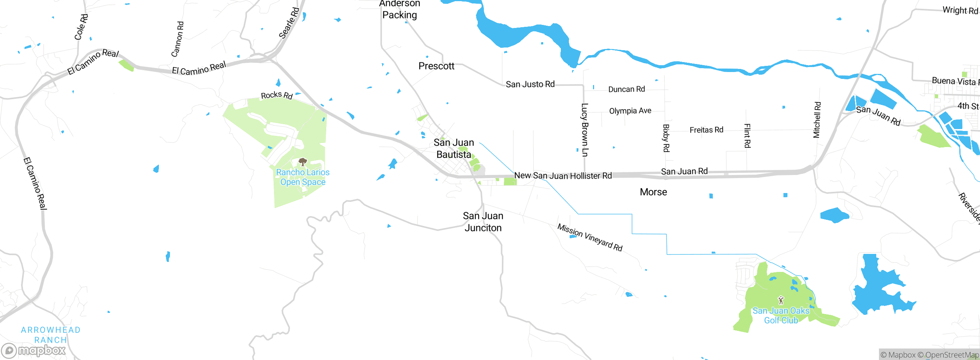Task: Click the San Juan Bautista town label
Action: (x=454, y=149)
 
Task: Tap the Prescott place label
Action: (x=436, y=66)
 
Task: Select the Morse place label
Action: (x=653, y=192)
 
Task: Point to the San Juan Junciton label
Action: (x=483, y=222)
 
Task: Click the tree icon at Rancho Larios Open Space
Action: (x=302, y=162)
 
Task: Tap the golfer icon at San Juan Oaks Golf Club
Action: (x=781, y=300)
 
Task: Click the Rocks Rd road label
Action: (x=276, y=95)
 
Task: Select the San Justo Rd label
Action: (x=530, y=84)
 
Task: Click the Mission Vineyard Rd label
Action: (x=590, y=237)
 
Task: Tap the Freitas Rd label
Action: (x=706, y=130)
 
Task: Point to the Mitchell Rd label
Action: (x=817, y=120)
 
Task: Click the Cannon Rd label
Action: (x=177, y=39)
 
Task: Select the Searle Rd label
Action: (x=289, y=23)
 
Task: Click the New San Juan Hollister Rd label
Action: (x=563, y=176)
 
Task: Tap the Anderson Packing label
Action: (x=400, y=10)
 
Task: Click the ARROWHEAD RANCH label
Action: (x=51, y=335)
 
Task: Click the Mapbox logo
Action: (x=34, y=350)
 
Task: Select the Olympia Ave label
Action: (x=630, y=111)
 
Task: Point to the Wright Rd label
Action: (x=960, y=10)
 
